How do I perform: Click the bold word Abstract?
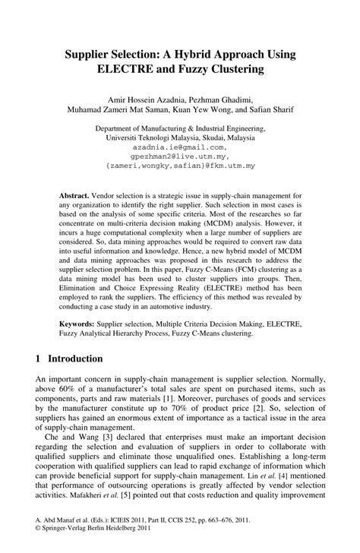pyautogui.click(x=76, y=195)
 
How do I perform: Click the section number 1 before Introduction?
pyautogui.click(x=39, y=359)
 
